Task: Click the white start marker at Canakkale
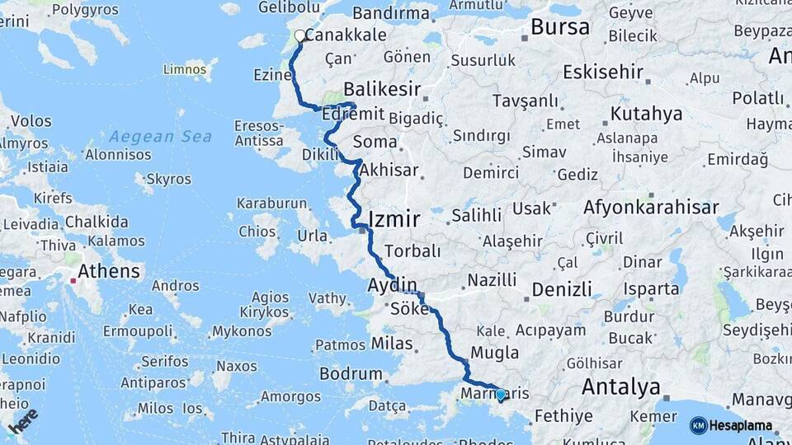point(300,36)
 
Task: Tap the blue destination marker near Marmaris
point(500,395)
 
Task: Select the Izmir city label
point(394,219)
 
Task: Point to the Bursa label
point(560,27)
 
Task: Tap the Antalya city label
point(621,386)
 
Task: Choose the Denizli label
point(562,289)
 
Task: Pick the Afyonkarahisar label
point(651,207)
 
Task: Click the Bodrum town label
point(351,373)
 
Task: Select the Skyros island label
point(168,179)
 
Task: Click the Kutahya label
point(647,114)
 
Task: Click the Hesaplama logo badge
point(731,425)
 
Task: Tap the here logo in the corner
point(23,420)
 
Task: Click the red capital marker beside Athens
point(74,281)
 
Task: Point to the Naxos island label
point(237,366)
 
